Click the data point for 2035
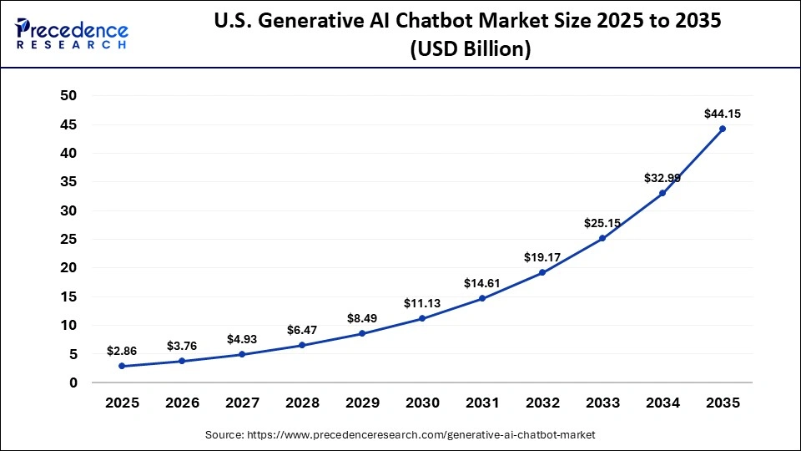click(723, 129)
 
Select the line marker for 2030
click(422, 318)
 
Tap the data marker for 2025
click(122, 366)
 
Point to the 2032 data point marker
click(542, 272)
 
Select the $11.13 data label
click(422, 302)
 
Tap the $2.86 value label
click(122, 351)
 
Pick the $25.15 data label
click(602, 223)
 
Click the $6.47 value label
click(302, 330)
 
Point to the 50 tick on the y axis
click(68, 96)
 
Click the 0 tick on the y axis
click(73, 383)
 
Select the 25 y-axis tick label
click(68, 240)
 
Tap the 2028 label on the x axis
click(302, 403)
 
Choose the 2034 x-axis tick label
click(662, 403)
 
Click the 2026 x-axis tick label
click(182, 403)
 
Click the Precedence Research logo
click(72, 33)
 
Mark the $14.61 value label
click(482, 283)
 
